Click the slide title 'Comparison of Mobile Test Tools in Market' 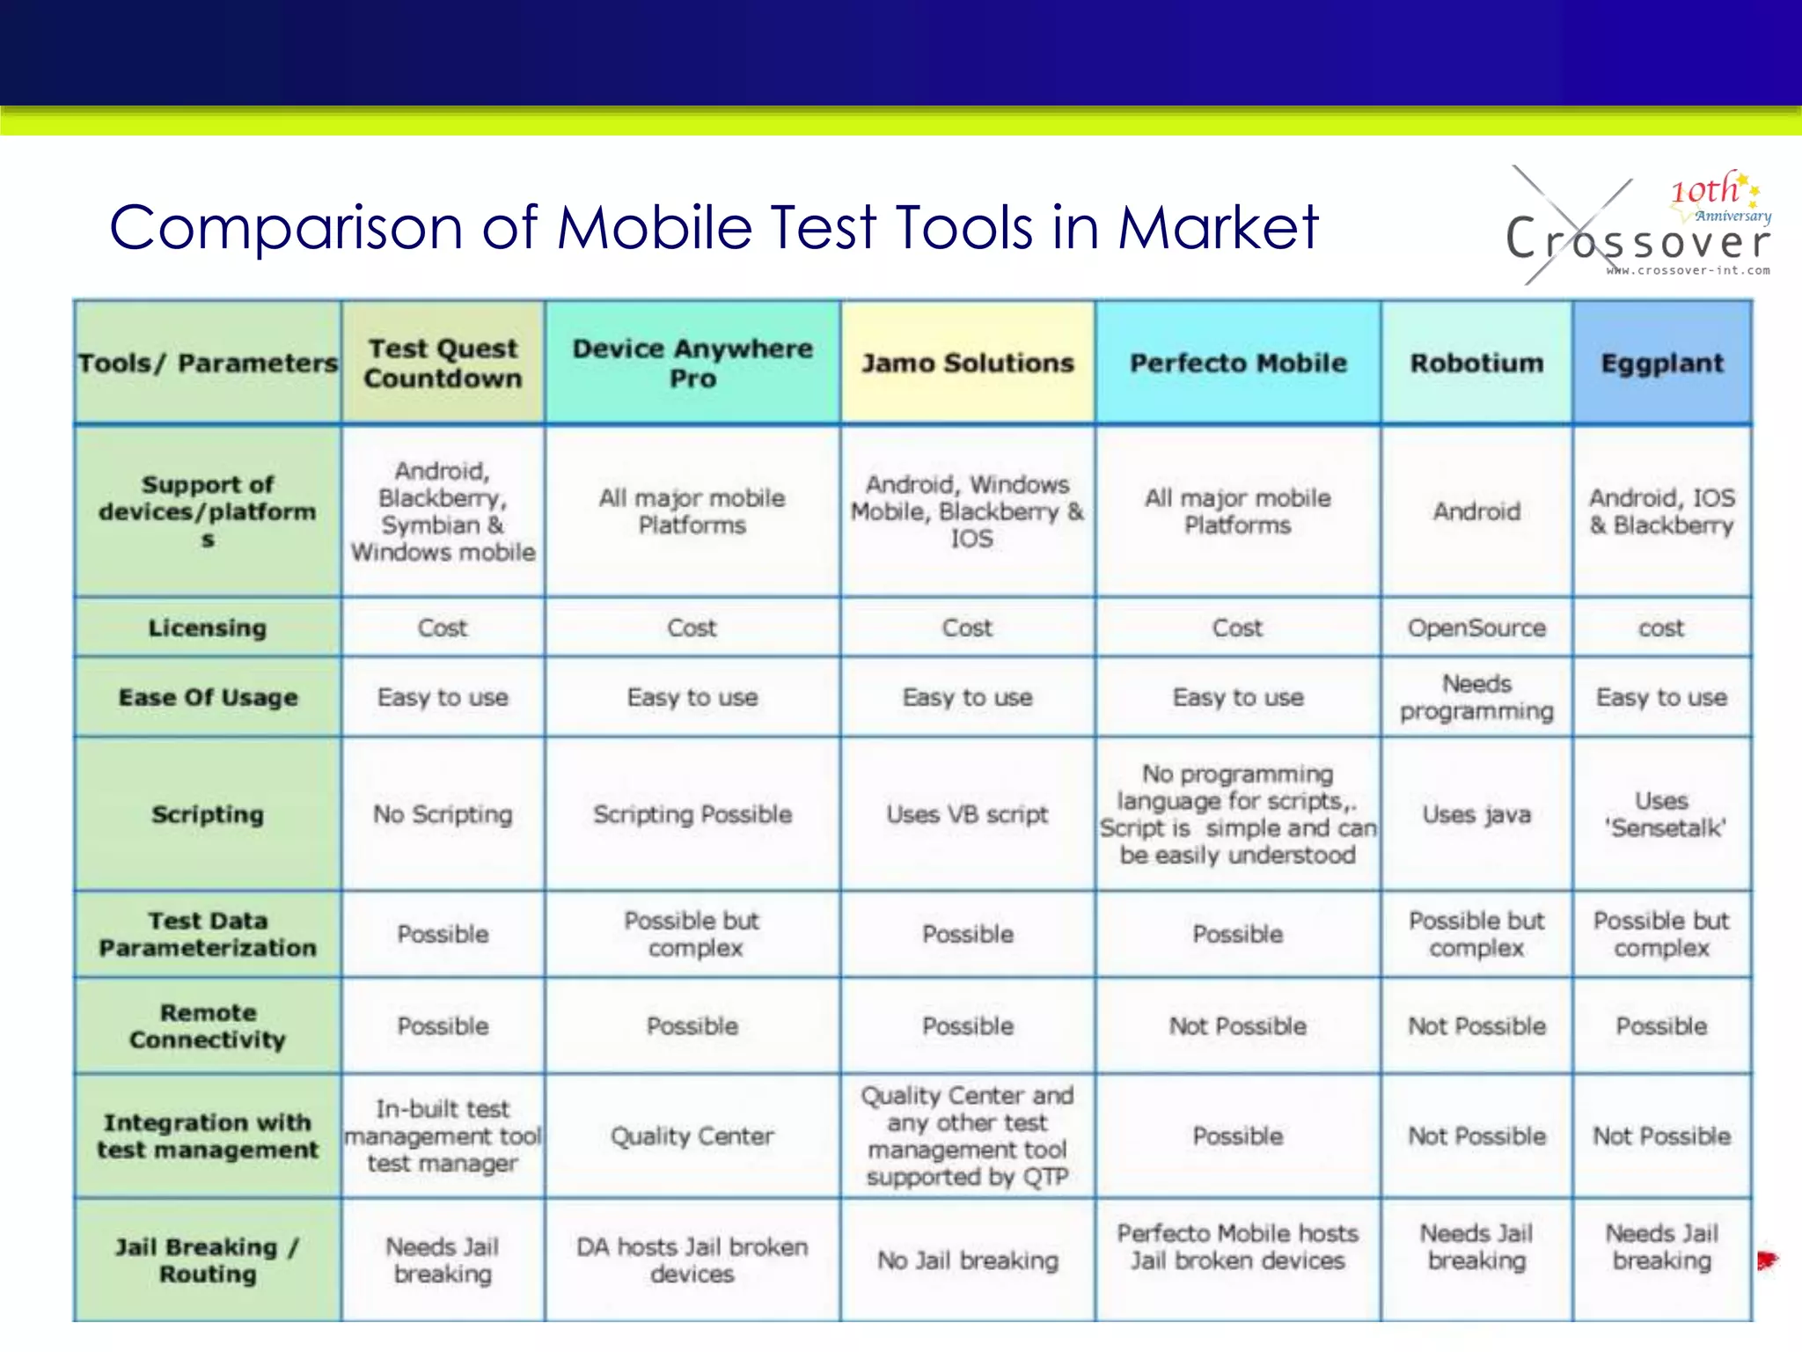tap(714, 228)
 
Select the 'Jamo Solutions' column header tap(968, 363)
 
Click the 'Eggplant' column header tap(1662, 363)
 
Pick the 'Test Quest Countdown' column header tap(443, 363)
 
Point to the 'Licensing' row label tap(207, 628)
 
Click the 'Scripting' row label tap(207, 814)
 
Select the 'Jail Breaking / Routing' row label tap(207, 1260)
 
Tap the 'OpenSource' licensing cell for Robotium tap(1476, 628)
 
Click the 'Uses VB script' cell tap(968, 814)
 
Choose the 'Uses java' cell tap(1476, 814)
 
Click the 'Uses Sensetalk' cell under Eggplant tap(1662, 814)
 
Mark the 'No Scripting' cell tap(443, 814)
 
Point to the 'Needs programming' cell tap(1476, 697)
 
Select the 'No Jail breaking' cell tap(968, 1260)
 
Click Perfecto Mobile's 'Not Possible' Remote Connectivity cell tap(1237, 1025)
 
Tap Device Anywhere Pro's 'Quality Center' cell tap(692, 1135)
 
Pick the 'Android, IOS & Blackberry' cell tap(1662, 511)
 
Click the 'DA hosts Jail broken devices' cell tap(692, 1260)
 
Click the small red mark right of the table tap(1767, 1260)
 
